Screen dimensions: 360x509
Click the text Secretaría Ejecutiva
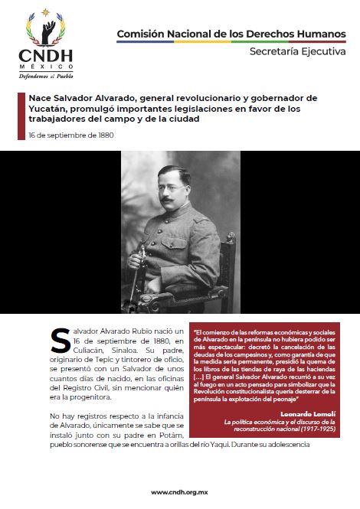tap(297, 51)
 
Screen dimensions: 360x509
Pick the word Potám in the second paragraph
tap(171, 432)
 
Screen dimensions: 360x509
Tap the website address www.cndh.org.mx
tap(179, 492)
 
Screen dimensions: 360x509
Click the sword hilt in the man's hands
tap(139, 256)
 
